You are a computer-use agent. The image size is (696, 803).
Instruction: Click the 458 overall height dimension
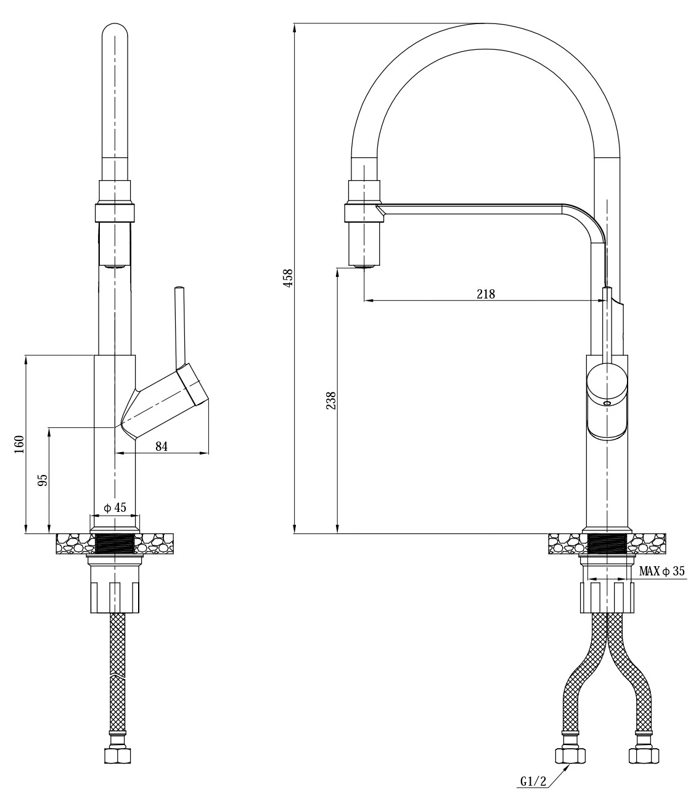click(288, 278)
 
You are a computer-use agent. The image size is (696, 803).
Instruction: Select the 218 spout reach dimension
click(486, 294)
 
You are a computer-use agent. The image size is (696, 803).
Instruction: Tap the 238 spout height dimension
click(331, 400)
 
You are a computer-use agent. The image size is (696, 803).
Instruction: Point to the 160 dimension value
click(19, 445)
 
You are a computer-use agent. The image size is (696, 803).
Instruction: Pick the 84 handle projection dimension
click(162, 447)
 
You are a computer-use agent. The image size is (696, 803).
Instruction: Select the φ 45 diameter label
click(115, 508)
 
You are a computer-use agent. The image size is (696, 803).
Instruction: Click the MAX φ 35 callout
click(662, 571)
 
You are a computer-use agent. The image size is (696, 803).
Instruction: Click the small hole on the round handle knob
click(607, 404)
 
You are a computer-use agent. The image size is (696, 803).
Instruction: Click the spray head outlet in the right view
click(364, 266)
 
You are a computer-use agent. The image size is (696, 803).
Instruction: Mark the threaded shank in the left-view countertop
click(115, 543)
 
